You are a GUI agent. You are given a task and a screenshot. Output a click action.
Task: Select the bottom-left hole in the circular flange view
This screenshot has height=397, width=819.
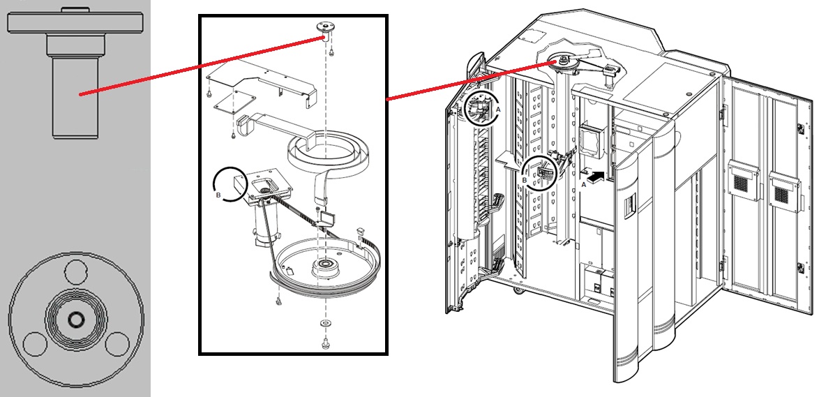click(33, 343)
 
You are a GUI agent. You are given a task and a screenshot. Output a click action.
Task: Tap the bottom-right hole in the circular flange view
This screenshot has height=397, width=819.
click(118, 343)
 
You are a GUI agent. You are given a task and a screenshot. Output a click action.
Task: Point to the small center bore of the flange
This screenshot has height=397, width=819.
click(75, 320)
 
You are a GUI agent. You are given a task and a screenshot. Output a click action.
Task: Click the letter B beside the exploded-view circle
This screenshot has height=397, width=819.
click(220, 196)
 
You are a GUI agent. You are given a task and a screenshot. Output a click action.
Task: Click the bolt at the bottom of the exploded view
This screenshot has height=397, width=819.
click(324, 343)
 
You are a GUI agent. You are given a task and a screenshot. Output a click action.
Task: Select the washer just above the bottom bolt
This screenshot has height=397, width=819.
click(324, 325)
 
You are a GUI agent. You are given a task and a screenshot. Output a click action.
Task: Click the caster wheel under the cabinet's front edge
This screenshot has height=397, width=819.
click(518, 289)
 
